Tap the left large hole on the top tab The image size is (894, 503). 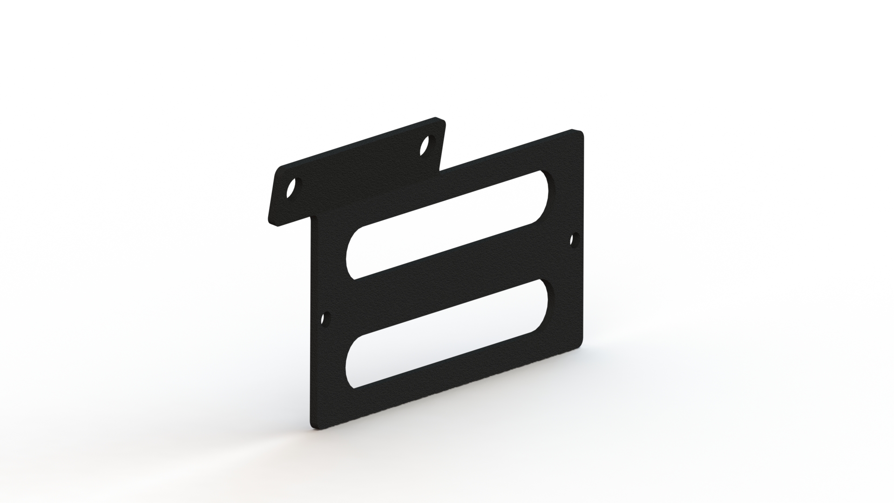coord(292,189)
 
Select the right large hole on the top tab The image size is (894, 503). coord(425,145)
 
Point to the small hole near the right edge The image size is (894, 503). coord(574,240)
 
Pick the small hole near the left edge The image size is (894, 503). coord(325,319)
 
